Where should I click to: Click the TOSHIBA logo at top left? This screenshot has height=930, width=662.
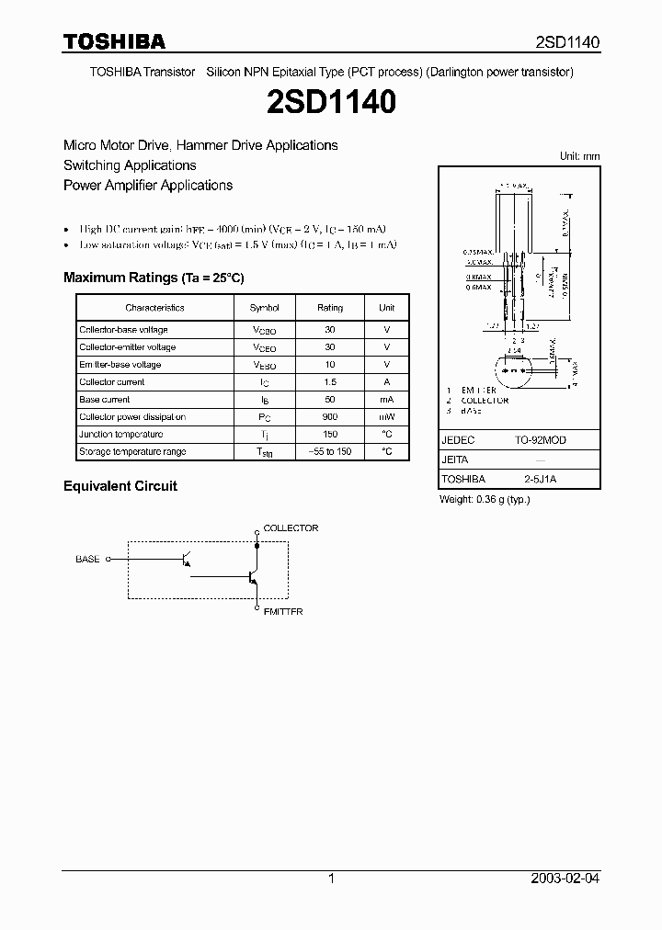pos(114,41)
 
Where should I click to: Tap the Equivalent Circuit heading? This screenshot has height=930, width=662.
pos(120,486)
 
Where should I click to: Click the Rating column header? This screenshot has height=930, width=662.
pos(330,308)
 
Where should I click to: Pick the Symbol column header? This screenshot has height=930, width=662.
pos(265,308)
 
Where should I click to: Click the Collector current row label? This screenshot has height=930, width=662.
pos(112,382)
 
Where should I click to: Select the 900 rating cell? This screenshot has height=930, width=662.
pos(330,417)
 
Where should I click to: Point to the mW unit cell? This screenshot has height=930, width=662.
pos(387,417)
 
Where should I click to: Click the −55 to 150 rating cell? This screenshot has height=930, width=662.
pos(330,452)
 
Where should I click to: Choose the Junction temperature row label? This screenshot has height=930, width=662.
pos(121,435)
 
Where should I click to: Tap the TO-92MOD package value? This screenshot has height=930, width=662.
pos(541,440)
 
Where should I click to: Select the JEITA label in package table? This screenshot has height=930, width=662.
pos(455,460)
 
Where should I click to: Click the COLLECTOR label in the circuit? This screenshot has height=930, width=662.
pos(291,528)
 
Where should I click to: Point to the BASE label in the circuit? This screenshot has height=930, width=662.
pos(87,558)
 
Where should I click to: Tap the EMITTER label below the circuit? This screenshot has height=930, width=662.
pos(283,612)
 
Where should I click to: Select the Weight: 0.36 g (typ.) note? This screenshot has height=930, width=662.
pos(485,499)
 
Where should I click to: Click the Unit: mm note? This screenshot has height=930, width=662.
pos(579,156)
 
